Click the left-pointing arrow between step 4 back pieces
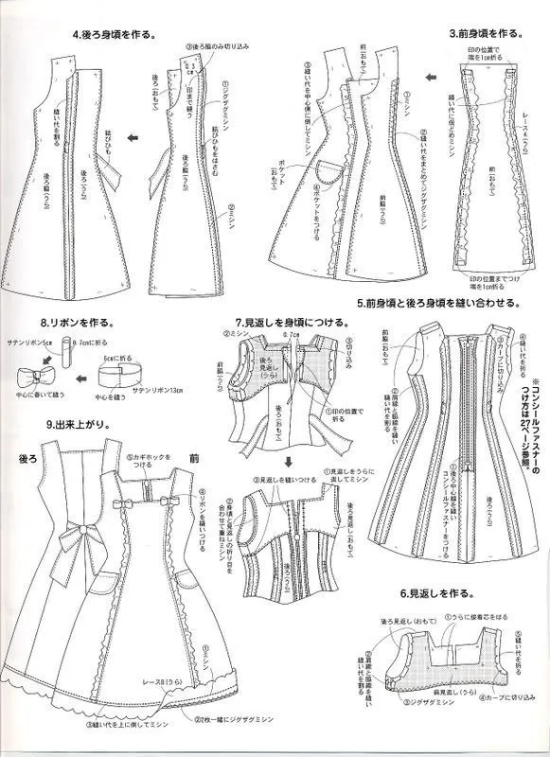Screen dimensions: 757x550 coord(134,138)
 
